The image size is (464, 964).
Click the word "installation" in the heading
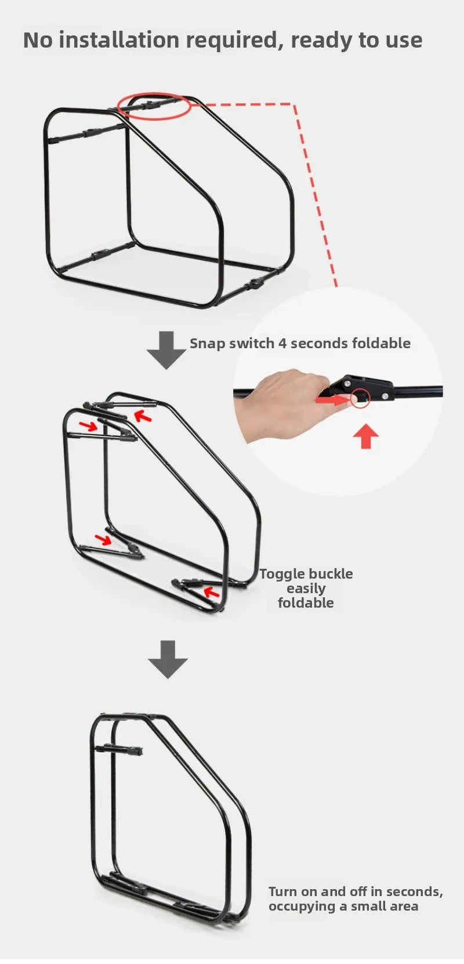point(119,40)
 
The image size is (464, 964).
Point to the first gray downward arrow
point(166,350)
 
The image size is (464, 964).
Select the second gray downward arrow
point(168,659)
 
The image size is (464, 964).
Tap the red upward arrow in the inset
point(366,436)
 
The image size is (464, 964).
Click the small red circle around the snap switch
point(360,399)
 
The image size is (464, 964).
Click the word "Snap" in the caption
point(208,344)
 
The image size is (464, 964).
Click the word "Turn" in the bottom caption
point(282,891)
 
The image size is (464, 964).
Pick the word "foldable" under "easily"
point(306,602)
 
